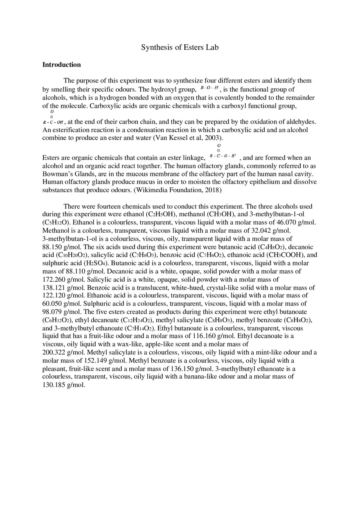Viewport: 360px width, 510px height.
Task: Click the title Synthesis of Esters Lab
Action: pyautogui.click(x=180, y=47)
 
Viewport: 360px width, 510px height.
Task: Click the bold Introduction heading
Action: pyautogui.click(x=61, y=65)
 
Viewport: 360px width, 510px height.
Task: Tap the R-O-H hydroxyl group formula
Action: pyautogui.click(x=209, y=88)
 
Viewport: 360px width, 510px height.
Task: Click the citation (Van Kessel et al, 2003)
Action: pyautogui.click(x=188, y=138)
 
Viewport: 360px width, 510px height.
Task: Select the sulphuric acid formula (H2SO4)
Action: pyautogui.click(x=92, y=263)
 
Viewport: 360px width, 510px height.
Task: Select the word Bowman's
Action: pyautogui.click(x=55, y=174)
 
